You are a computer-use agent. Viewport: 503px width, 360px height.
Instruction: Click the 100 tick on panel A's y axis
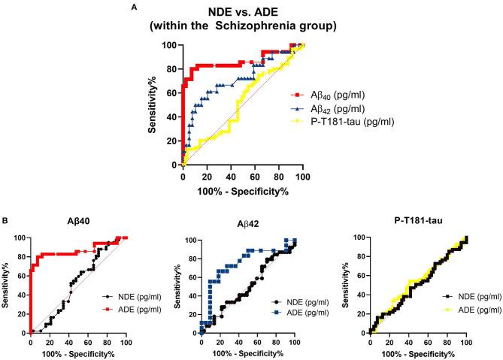click(x=172, y=45)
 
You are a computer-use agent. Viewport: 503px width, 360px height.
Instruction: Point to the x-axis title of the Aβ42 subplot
click(x=247, y=354)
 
